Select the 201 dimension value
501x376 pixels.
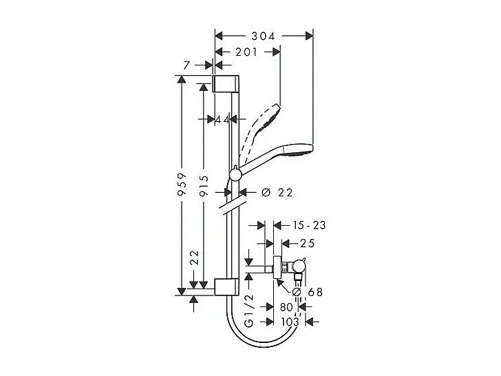pos(247,52)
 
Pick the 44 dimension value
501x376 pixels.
pos(222,120)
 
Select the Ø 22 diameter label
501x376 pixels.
pos(278,193)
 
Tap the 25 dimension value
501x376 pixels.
pos(307,243)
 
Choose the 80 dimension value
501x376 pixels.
pos(286,307)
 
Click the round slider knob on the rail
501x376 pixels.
pos(235,176)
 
